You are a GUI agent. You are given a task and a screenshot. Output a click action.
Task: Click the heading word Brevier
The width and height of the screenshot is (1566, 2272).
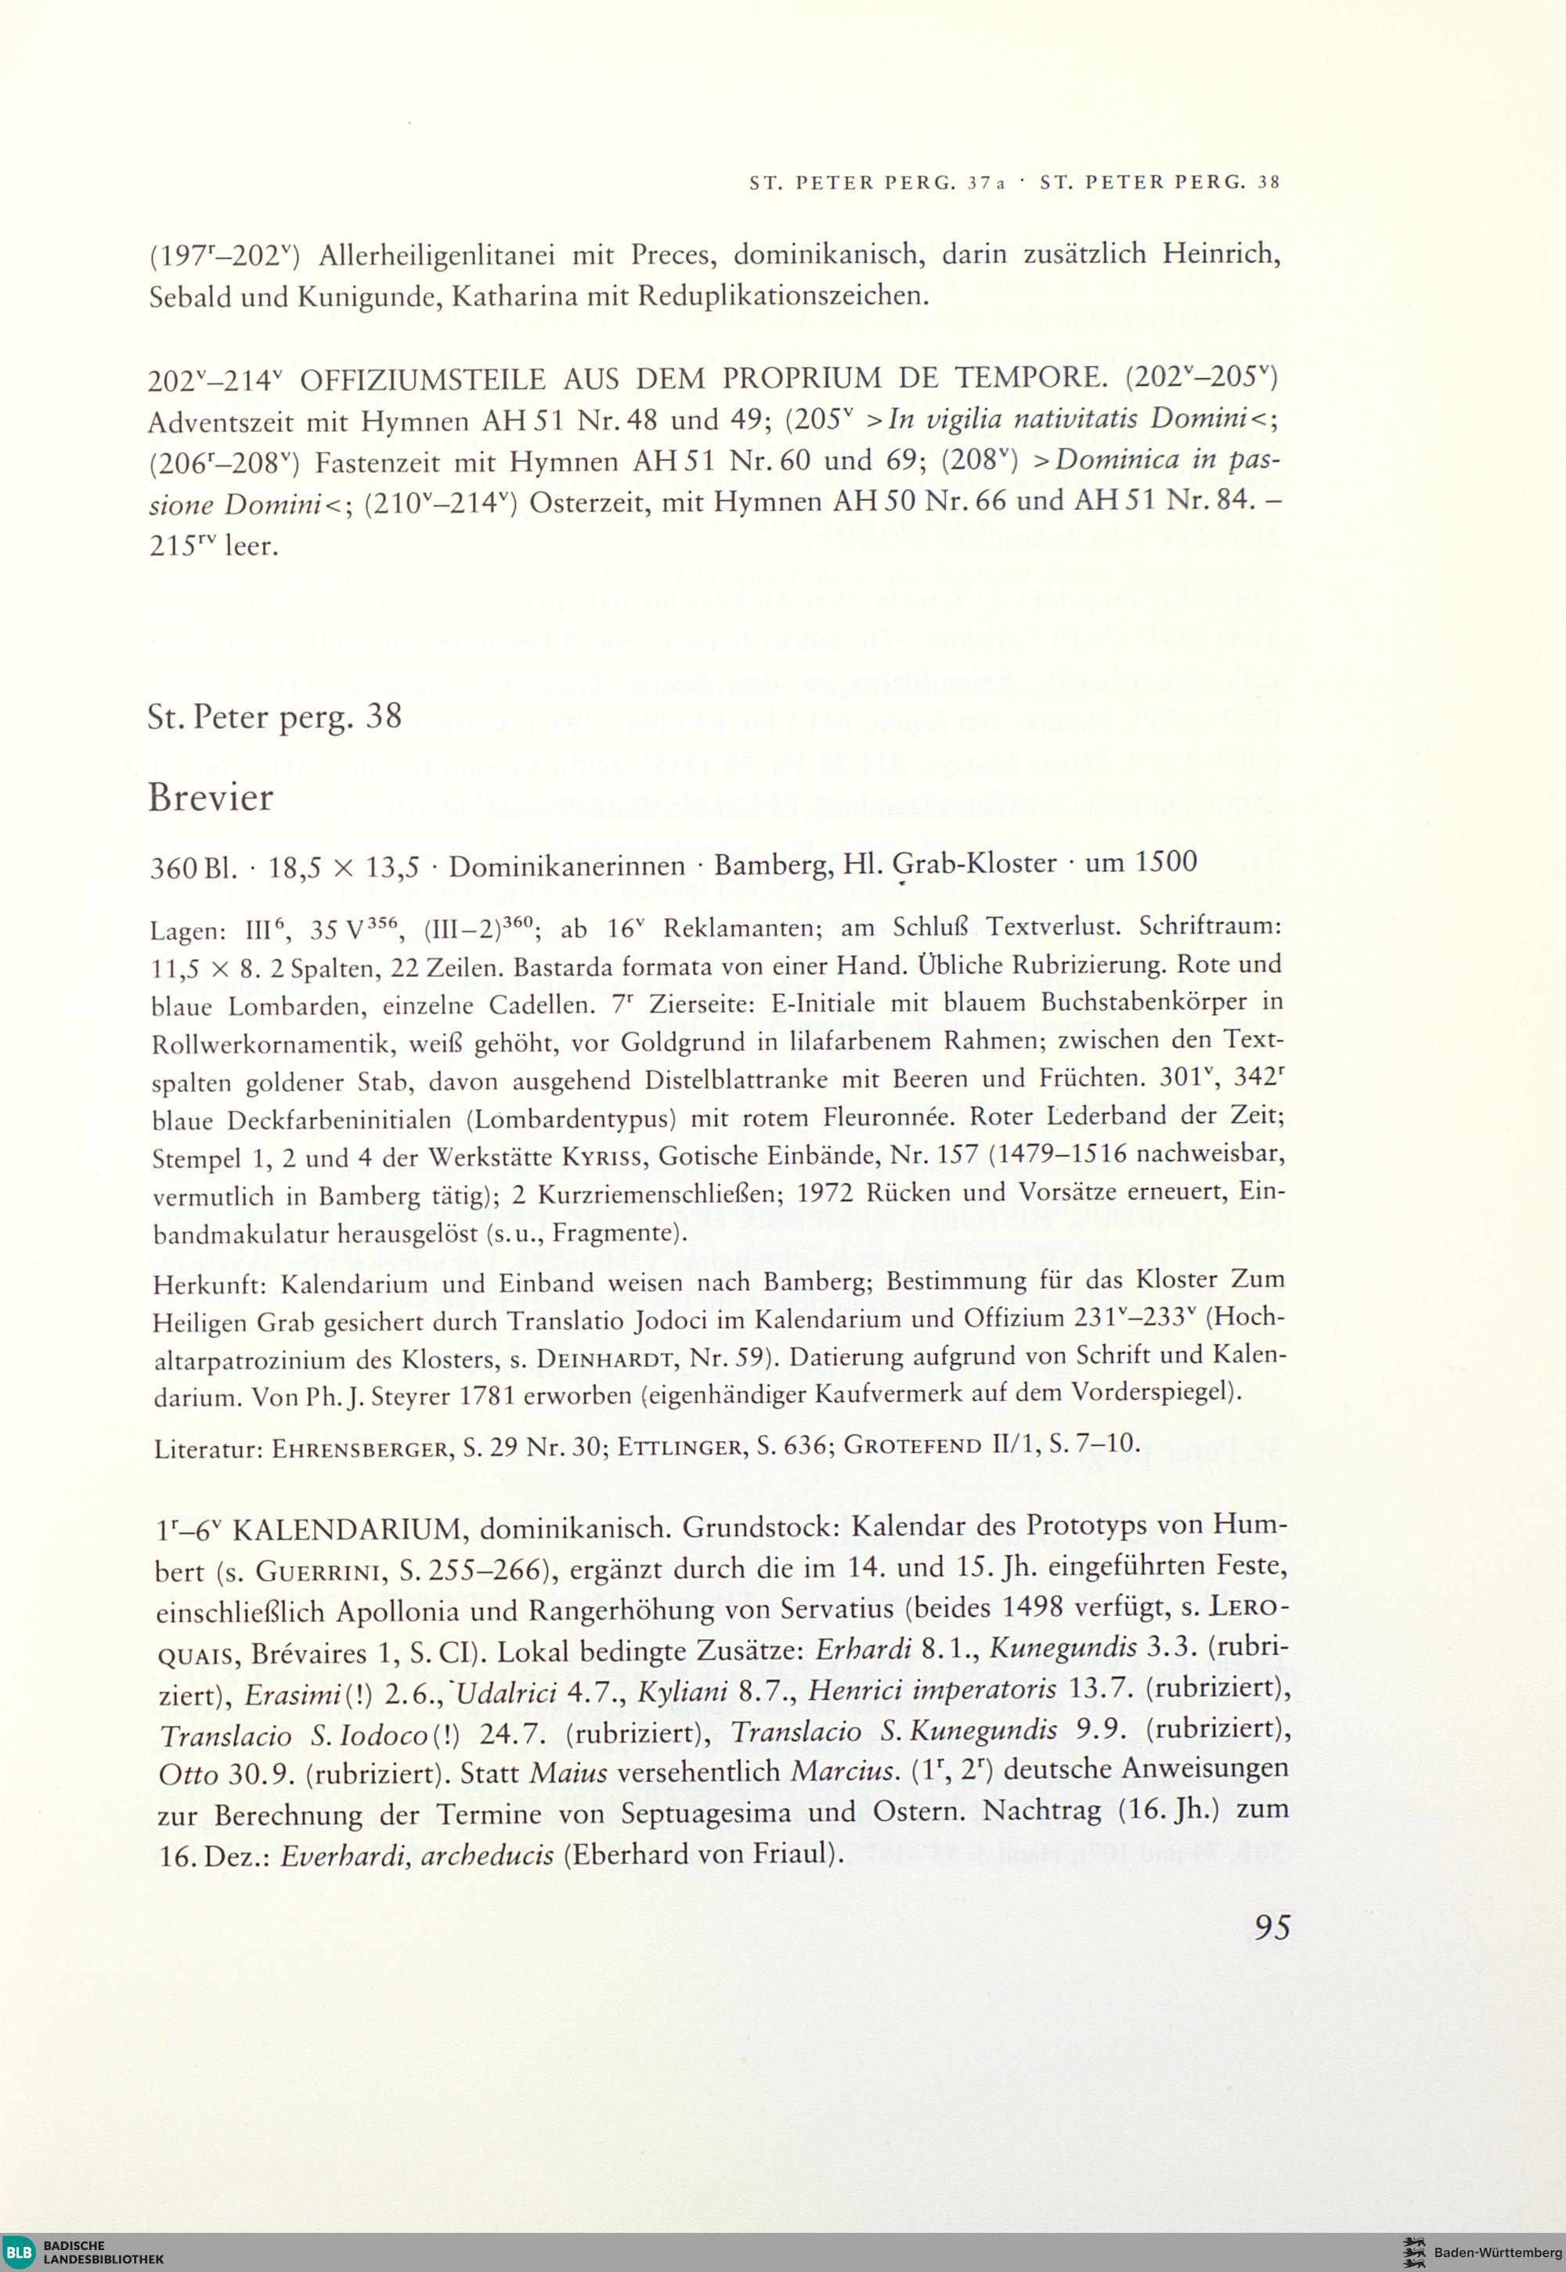click(211, 798)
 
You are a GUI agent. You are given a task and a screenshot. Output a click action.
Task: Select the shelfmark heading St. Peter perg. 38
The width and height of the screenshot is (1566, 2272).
click(275, 716)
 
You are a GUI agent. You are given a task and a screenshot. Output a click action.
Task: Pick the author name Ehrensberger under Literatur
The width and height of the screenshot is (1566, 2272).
click(359, 1442)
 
